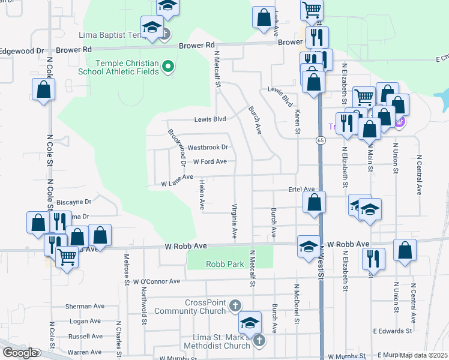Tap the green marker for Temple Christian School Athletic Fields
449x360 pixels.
tap(169, 67)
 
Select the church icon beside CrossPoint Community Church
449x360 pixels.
tap(235, 307)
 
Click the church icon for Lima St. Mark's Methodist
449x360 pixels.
tap(259, 341)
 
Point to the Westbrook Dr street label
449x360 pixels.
tap(208, 147)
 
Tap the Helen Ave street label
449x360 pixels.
tap(202, 194)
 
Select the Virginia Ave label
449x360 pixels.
tap(234, 220)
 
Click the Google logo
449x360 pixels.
tap(19, 353)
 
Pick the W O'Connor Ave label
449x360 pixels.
tap(157, 281)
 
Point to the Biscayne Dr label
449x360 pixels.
tap(75, 202)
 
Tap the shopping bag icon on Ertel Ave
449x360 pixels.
tap(314, 203)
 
